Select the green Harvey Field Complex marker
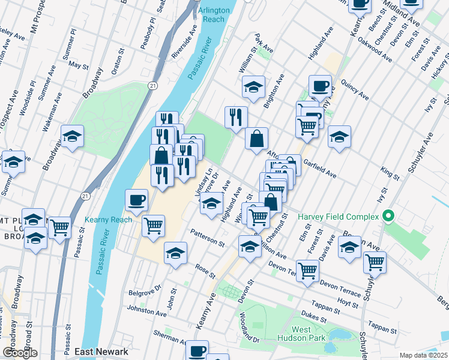pyautogui.click(x=388, y=216)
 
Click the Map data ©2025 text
pyautogui.click(x=423, y=355)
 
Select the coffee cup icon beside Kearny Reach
pyautogui.click(x=136, y=200)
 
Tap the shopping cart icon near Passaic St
pyautogui.click(x=59, y=227)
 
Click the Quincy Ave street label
pyautogui.click(x=354, y=89)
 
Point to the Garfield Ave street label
pyautogui.click(x=320, y=167)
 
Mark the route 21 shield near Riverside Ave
pyautogui.click(x=154, y=70)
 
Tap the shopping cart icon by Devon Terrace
pyautogui.click(x=307, y=269)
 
